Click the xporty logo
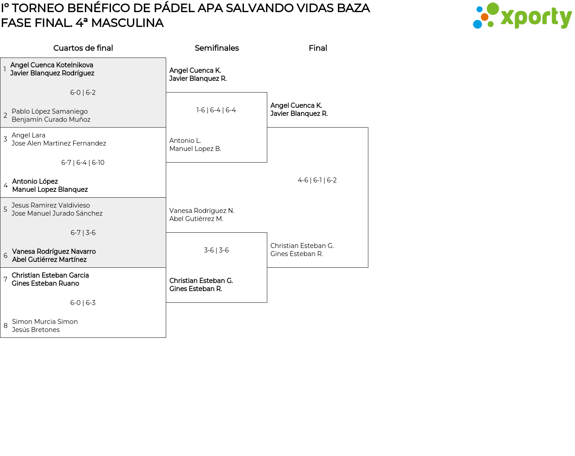tap(522, 16)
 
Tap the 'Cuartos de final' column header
tap(83, 48)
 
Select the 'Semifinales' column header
tap(217, 48)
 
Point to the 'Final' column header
tap(318, 48)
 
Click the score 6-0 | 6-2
tap(83, 93)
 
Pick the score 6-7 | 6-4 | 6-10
tap(83, 163)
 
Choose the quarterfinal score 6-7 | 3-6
tap(83, 233)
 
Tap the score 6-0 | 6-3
tap(83, 303)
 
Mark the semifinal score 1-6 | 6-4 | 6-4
tap(216, 110)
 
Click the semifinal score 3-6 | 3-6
tap(216, 250)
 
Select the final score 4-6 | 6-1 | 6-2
tap(317, 180)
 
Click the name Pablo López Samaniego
tap(49, 111)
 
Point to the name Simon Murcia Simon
tap(45, 322)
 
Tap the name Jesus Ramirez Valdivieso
tap(51, 205)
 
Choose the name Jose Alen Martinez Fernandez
tap(59, 143)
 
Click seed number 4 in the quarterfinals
tap(5, 186)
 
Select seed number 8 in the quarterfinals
tap(5, 326)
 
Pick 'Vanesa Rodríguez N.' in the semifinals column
tap(202, 211)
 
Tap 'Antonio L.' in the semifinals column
tap(185, 141)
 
